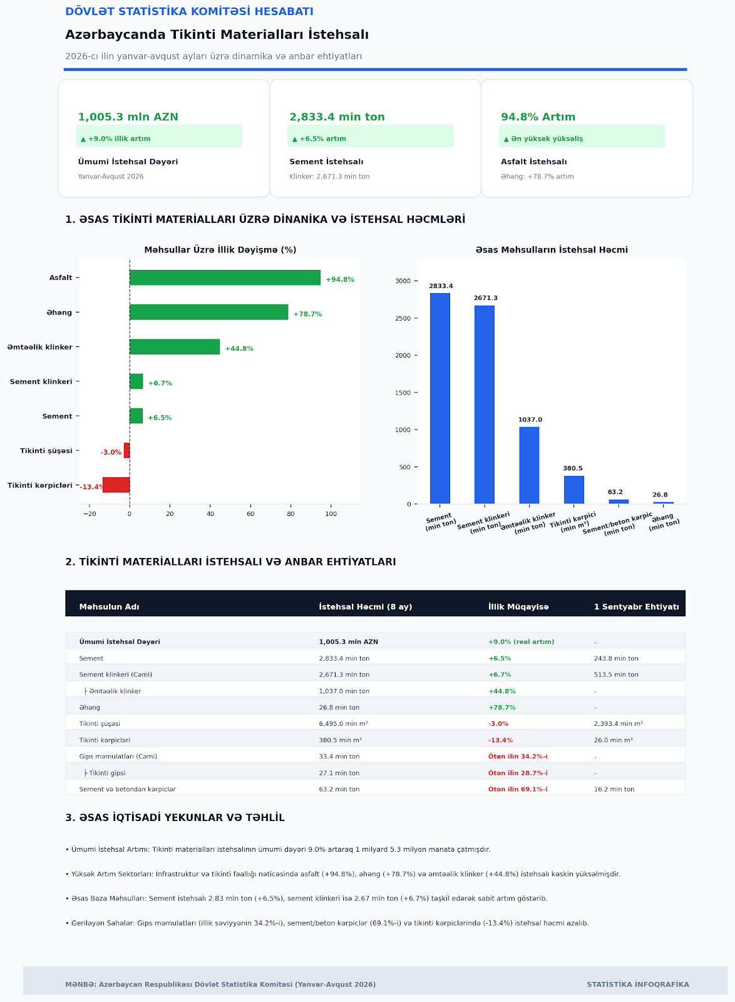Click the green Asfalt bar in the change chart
tap(225, 277)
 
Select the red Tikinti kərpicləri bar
tap(116, 485)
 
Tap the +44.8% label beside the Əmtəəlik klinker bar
tap(239, 348)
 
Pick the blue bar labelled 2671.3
tap(485, 405)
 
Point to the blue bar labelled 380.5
tap(574, 490)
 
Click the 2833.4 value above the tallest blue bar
tap(441, 286)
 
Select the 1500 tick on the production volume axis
tap(403, 393)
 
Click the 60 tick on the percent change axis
tap(250, 514)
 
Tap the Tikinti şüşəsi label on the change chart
tap(46, 450)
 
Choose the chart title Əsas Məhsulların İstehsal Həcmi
tap(552, 250)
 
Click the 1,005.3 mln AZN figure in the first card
tap(128, 116)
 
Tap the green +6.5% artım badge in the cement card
tap(370, 136)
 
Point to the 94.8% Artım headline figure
tap(538, 116)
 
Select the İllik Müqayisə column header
tap(518, 607)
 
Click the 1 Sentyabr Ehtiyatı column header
tap(636, 607)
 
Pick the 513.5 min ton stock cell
tap(616, 674)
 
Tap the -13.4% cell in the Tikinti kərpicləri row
tap(500, 740)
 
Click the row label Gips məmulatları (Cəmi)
tap(118, 757)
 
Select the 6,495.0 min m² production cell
tap(343, 723)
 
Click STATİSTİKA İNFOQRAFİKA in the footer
tap(638, 984)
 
